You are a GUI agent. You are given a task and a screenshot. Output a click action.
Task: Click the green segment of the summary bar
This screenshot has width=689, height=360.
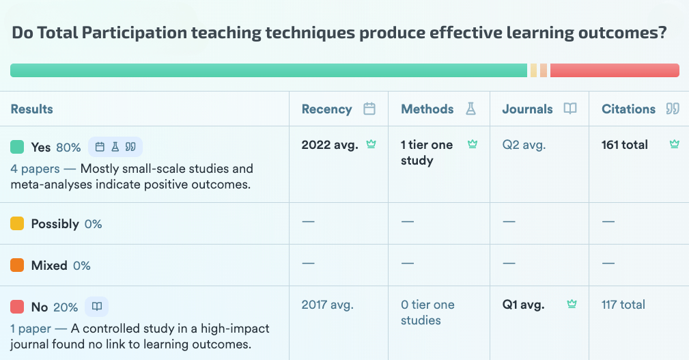[268, 70]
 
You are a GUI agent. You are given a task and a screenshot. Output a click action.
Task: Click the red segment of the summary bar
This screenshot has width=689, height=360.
[615, 70]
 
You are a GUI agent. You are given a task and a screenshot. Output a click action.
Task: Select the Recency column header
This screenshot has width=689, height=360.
[326, 109]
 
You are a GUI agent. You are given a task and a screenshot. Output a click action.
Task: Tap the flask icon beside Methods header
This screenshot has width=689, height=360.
[470, 109]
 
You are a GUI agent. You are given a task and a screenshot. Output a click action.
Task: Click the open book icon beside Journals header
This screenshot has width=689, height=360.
[570, 109]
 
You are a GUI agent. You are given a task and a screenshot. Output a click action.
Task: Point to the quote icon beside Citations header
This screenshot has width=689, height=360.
[673, 109]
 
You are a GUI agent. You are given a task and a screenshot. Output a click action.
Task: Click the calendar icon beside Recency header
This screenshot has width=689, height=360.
[369, 109]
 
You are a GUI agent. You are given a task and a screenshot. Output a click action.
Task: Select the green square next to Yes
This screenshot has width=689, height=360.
[18, 147]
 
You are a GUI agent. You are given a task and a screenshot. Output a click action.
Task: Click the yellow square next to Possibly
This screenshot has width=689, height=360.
[18, 223]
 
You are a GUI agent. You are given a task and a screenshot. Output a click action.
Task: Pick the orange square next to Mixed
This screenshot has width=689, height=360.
[18, 265]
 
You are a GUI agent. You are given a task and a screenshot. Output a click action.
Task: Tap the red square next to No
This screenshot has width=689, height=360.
[18, 307]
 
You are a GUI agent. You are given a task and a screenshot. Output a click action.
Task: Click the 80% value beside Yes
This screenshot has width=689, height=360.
[68, 147]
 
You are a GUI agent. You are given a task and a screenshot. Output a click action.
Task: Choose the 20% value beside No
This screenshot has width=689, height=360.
[66, 307]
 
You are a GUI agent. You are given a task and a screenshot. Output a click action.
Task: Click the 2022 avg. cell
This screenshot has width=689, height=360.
[330, 145]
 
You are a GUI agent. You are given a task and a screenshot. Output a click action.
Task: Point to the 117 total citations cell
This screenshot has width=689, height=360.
[623, 305]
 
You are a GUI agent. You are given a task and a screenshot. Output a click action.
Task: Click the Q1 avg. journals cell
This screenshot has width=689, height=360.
[523, 305]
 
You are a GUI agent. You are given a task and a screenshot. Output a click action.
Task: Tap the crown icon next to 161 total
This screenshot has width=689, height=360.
[675, 144]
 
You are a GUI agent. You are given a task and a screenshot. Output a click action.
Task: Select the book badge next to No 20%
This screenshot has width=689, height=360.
[97, 307]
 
